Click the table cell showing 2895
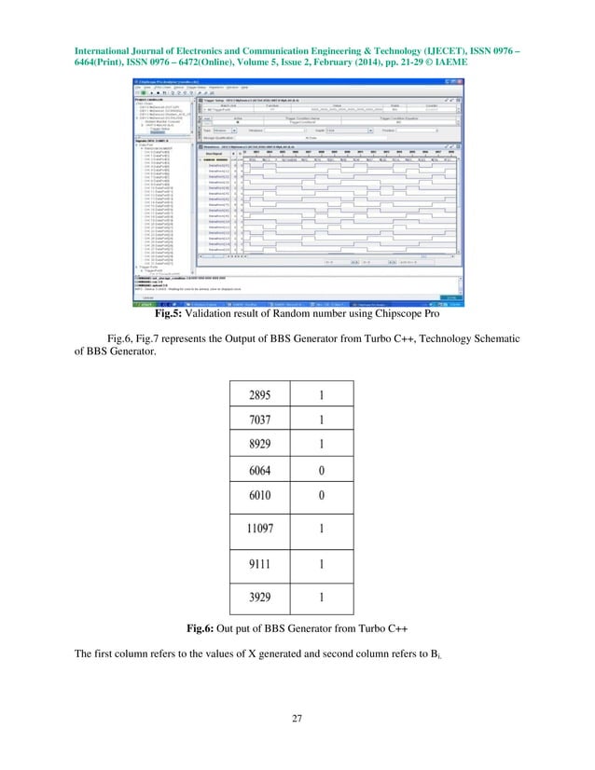(x=261, y=395)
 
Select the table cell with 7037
(x=261, y=420)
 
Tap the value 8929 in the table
(x=261, y=446)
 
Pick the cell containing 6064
(x=261, y=471)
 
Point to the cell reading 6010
(x=261, y=496)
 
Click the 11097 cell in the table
(x=261, y=528)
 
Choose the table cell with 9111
(x=261, y=563)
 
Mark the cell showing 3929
(x=261, y=598)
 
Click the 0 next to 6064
(x=322, y=471)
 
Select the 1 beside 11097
(x=322, y=528)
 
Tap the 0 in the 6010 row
(x=322, y=496)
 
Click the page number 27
(x=297, y=718)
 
